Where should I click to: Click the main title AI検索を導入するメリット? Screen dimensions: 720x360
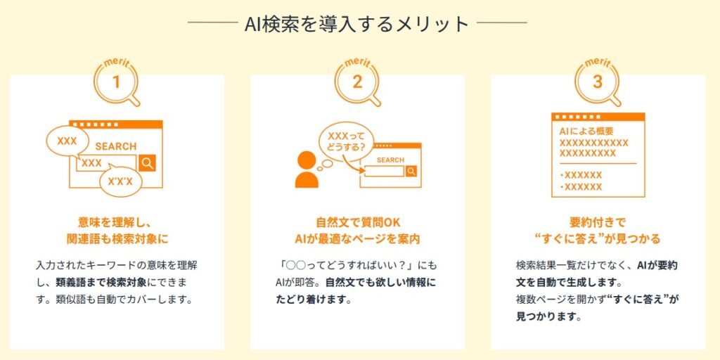356,23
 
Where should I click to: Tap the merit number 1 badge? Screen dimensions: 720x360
116,82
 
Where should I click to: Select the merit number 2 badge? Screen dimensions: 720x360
356,82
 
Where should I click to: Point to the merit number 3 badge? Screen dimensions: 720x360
597,82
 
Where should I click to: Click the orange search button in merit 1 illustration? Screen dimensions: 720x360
148,163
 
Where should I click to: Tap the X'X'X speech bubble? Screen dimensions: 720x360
120,182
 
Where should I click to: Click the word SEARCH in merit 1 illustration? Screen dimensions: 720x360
116,146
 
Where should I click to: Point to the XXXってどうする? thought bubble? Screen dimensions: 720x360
347,142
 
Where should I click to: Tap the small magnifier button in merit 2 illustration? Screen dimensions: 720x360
411,172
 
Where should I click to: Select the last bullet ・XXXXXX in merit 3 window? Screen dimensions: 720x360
581,187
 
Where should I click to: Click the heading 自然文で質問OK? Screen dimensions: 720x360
358,223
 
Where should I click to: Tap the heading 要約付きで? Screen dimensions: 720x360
598,223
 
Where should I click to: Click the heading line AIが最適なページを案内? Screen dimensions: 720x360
358,239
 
